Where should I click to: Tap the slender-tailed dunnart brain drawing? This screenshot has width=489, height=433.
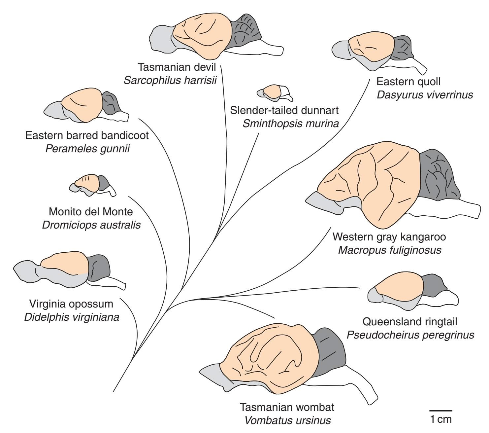click(274, 93)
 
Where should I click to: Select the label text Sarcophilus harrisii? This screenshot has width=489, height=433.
click(170, 80)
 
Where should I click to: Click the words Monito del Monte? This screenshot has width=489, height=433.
click(91, 212)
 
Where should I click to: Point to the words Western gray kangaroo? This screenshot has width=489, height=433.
click(389, 237)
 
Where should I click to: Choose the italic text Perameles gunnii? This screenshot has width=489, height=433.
click(87, 149)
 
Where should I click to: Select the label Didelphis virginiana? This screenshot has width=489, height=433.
click(72, 317)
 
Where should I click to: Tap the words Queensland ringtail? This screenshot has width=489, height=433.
click(410, 321)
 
